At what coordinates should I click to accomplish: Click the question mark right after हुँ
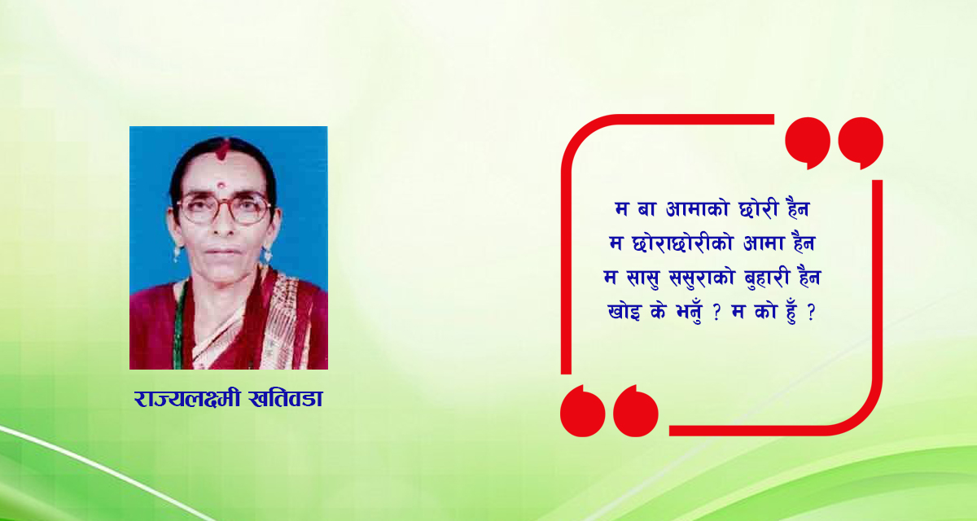coord(811,313)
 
